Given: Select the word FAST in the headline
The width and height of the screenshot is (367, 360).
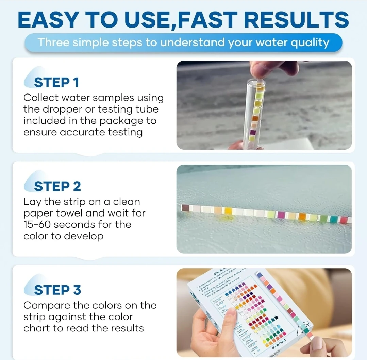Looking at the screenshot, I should (206, 20).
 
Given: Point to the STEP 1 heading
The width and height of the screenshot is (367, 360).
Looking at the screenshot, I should (56, 83).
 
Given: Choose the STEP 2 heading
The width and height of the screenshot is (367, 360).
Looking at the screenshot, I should (57, 186).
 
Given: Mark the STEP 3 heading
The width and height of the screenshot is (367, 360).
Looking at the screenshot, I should (57, 290).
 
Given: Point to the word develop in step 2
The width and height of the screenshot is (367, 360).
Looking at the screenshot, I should (85, 236).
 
